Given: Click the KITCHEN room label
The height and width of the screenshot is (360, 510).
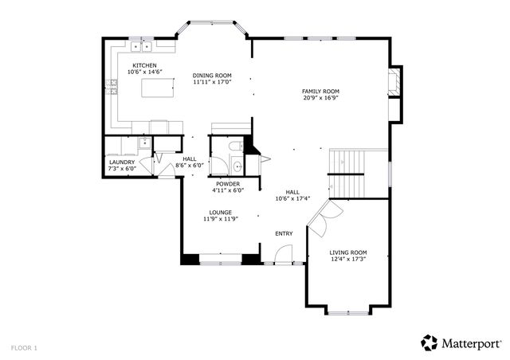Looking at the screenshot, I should tap(144, 66).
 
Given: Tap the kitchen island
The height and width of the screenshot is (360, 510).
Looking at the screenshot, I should tap(158, 88).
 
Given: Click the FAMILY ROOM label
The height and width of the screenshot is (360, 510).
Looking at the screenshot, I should tap(320, 92).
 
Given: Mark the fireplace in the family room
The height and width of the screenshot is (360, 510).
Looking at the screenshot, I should tap(393, 83).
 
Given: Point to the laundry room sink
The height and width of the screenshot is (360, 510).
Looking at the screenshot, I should tap(143, 144).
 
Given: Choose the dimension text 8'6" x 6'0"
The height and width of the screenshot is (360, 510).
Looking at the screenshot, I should tap(190, 166).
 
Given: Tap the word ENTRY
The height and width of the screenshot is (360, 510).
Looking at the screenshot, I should tap(284, 233).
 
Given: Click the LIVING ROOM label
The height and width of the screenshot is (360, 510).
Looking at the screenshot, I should tap(348, 252).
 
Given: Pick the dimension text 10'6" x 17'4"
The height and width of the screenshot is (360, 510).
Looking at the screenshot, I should tap(292, 198).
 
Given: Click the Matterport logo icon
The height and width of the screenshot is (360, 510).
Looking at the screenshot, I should tap(430, 342).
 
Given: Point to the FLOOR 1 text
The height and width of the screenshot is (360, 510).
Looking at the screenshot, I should tap(24, 347).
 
